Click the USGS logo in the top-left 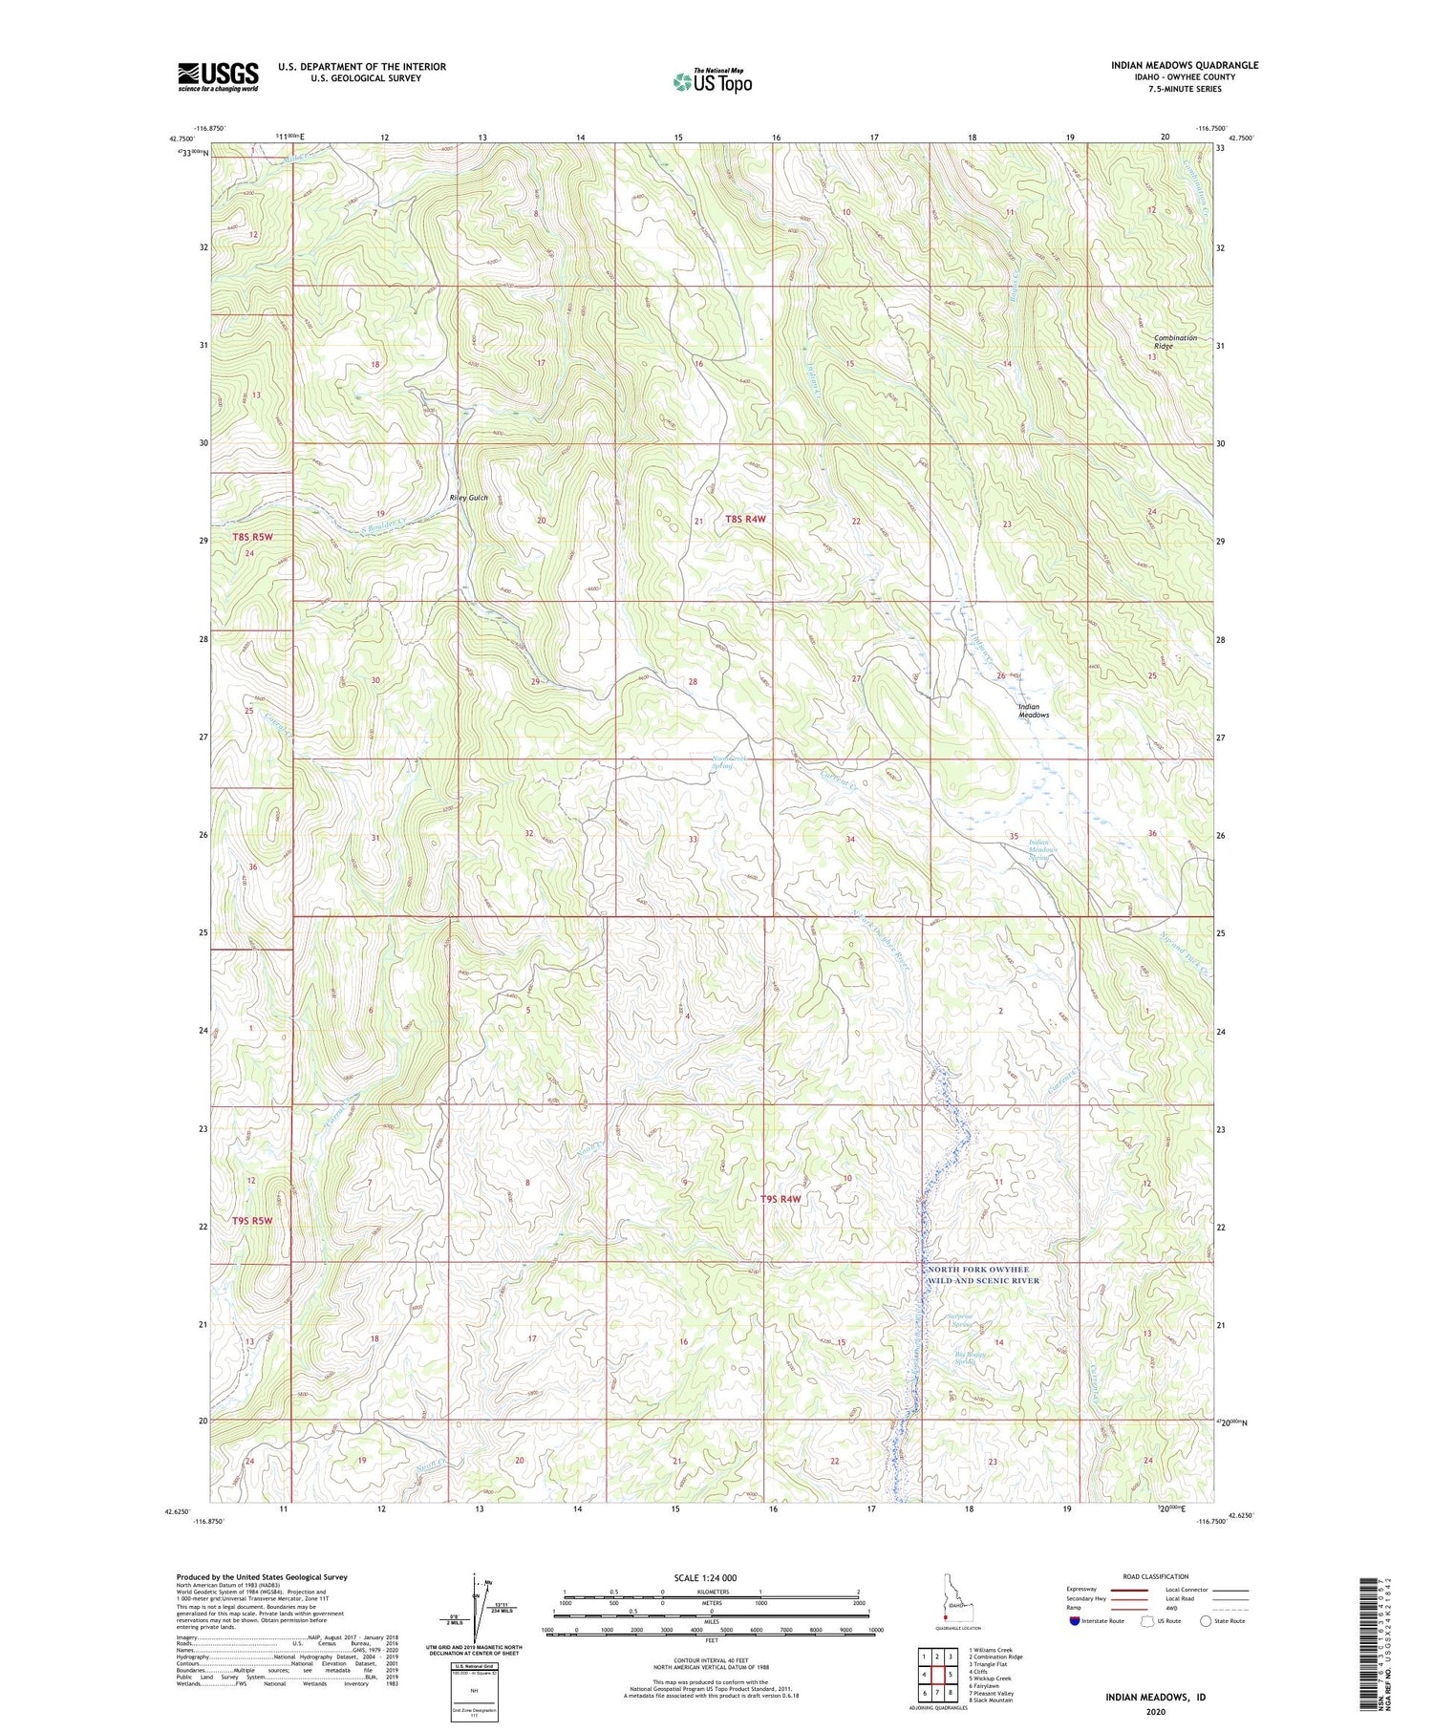click(x=218, y=77)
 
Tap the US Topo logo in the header click(x=712, y=82)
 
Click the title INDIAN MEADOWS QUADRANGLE click(x=1184, y=66)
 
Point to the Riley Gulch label click(x=468, y=499)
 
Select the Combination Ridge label click(x=1174, y=342)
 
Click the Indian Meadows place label click(x=1033, y=710)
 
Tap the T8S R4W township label click(x=745, y=519)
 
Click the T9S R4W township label click(x=780, y=1199)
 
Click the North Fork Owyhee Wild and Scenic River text click(x=983, y=1274)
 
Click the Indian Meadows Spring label click(x=1038, y=849)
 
